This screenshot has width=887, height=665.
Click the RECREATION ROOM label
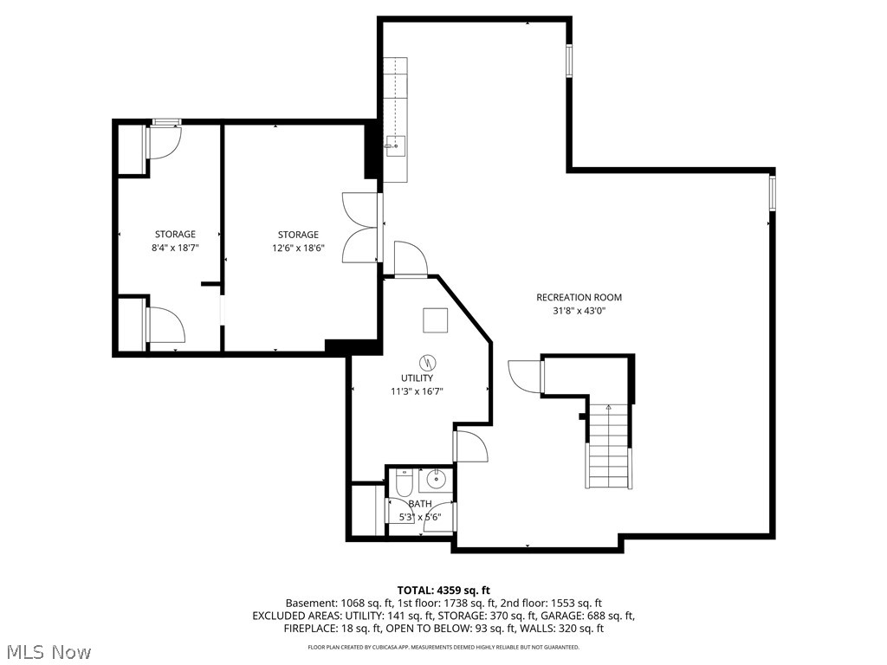[x=579, y=297]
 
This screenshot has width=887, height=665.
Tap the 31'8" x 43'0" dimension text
[x=579, y=311]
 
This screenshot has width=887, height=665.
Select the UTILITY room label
[x=417, y=378]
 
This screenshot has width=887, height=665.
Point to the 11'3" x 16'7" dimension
[x=417, y=391]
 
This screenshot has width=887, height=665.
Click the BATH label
[x=420, y=504]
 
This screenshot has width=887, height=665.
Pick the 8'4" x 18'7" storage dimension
[x=175, y=248]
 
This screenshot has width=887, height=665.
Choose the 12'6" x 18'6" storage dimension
[x=298, y=248]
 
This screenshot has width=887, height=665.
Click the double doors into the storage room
[x=361, y=227]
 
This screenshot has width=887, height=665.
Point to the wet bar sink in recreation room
[x=396, y=145]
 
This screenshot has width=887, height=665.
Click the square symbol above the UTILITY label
[x=435, y=320]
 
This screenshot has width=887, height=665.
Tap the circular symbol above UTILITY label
[x=427, y=361]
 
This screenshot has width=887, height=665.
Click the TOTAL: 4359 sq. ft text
[x=443, y=590]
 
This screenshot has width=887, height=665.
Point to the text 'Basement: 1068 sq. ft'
[x=340, y=603]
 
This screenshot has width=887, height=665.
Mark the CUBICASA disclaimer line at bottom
[x=443, y=647]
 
